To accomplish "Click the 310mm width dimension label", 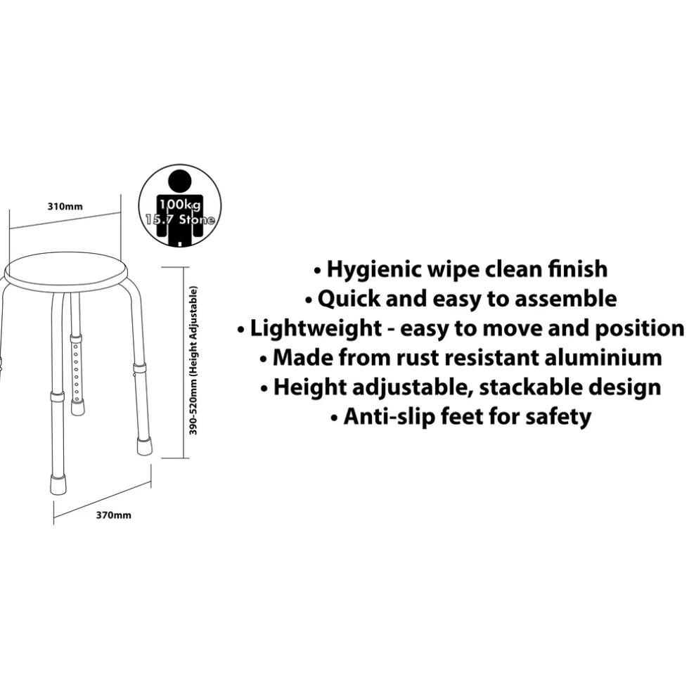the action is coord(65,207).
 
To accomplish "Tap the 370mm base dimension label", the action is coord(113,515).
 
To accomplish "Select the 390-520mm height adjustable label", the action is coord(193,360).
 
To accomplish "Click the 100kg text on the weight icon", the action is coord(180,205).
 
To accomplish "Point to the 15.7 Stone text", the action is coord(180,219).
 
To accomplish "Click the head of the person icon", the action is coord(180,181).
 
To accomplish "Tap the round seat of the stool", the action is coord(65,271).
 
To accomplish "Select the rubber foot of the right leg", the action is coord(144,446).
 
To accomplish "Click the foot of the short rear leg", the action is coord(77,407).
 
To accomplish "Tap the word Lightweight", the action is coord(316,329).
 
